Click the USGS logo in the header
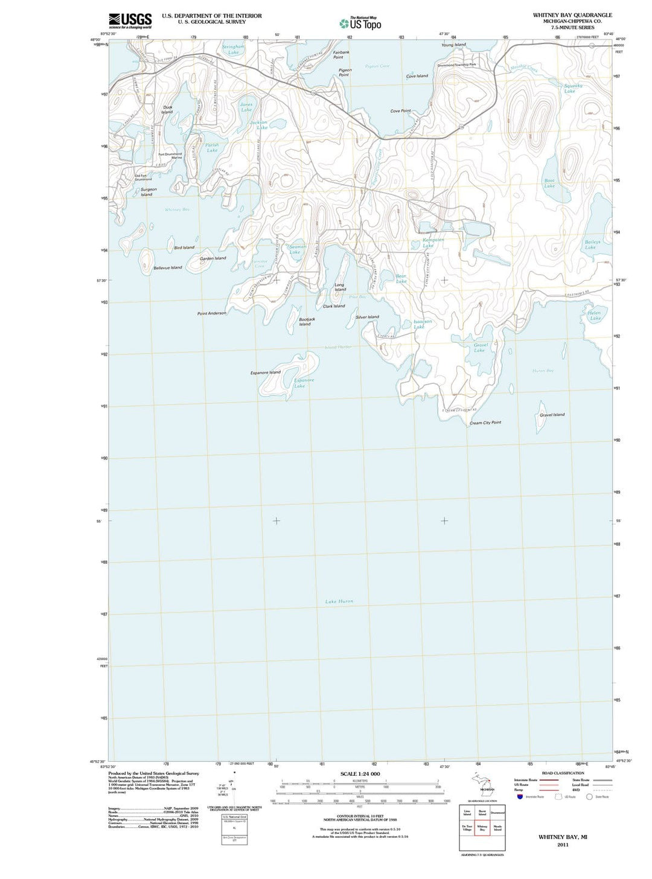pos(130,21)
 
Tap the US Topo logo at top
pos(360,24)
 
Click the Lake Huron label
pos(339,601)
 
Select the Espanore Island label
pos(266,372)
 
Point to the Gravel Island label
pos(552,415)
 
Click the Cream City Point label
pos(485,423)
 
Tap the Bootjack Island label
pos(306,322)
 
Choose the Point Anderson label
pos(212,313)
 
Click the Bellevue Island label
pos(167,267)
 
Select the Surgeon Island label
pos(148,192)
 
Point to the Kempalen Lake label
pos(429,243)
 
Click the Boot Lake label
pos(549,183)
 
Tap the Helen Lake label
pos(595,316)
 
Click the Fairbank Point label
pos(340,54)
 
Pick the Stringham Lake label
pos(233,50)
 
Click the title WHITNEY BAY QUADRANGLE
pos(572,15)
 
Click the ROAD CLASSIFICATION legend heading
pos(563,773)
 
